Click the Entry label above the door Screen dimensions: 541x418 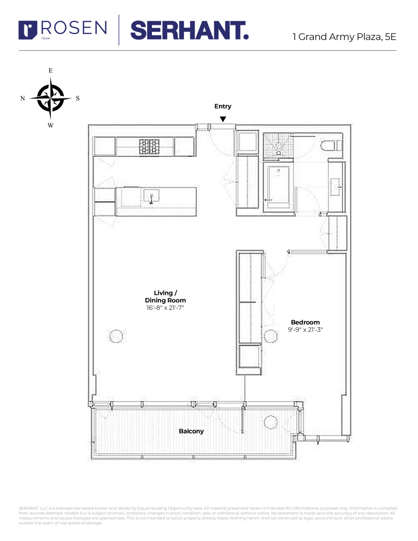click(222, 107)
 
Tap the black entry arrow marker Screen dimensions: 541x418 click(222, 119)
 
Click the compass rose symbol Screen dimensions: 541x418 click(50, 98)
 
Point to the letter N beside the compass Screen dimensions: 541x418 click(22, 98)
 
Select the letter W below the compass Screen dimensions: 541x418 click(50, 126)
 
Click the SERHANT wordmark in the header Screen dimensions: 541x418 click(189, 30)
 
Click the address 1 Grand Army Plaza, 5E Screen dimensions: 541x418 click(344, 37)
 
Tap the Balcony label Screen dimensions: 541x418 click(191, 431)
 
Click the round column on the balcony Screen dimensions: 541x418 click(270, 422)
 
